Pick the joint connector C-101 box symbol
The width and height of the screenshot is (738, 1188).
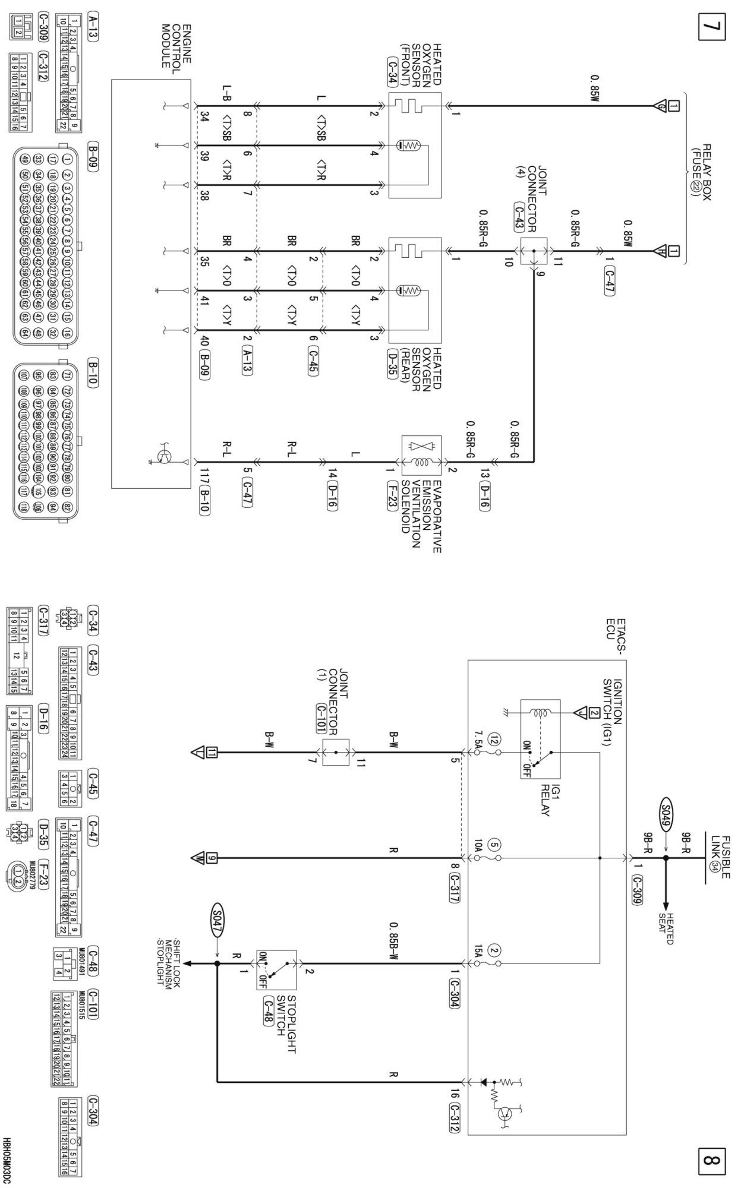[336, 752]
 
